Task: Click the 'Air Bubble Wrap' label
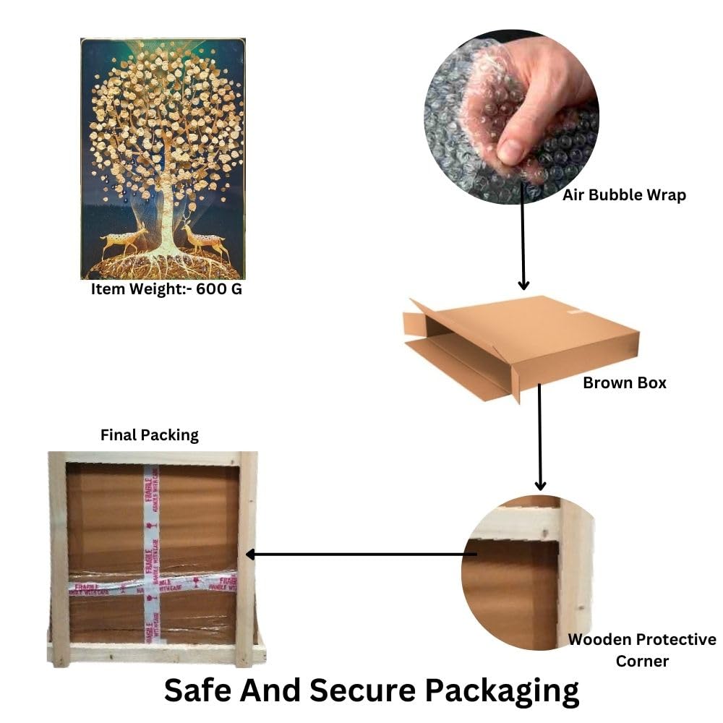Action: point(624,194)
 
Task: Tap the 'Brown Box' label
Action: point(624,382)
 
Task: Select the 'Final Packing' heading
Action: point(149,435)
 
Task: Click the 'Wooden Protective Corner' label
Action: point(641,650)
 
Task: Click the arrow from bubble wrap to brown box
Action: point(523,246)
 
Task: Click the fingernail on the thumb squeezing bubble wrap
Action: point(510,150)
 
